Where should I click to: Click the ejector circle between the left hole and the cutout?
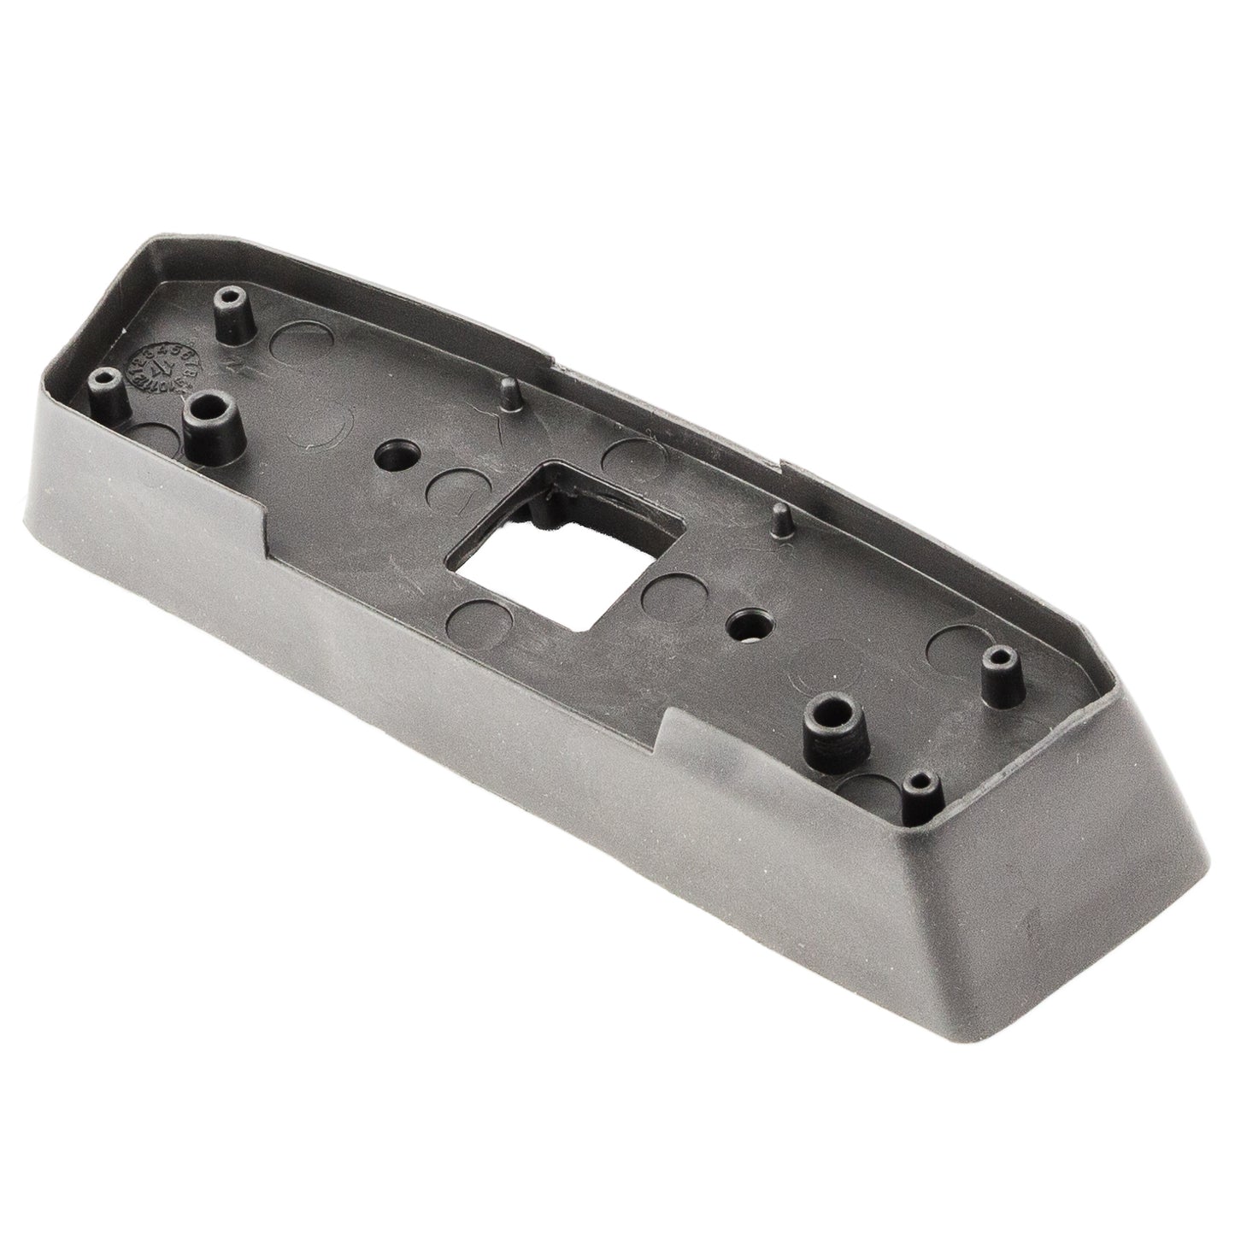click(450, 490)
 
